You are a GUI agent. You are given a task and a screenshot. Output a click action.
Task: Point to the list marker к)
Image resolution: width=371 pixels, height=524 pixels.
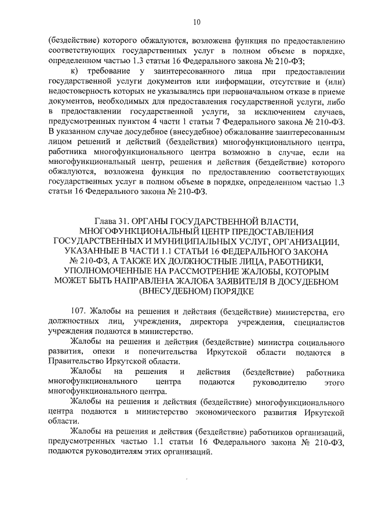[74, 70]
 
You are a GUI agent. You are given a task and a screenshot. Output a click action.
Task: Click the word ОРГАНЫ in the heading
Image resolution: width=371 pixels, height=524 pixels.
[152, 221]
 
